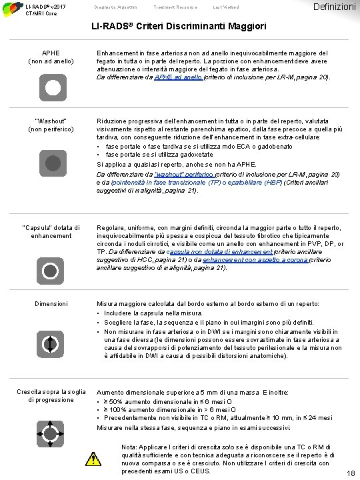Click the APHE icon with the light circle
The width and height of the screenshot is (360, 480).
click(x=51, y=88)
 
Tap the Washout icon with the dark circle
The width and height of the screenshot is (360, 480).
click(x=51, y=161)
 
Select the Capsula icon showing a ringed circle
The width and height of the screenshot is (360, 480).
click(x=51, y=271)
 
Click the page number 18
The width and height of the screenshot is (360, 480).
click(x=351, y=473)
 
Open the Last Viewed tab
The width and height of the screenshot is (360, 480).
click(x=213, y=7)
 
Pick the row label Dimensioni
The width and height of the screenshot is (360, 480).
click(x=51, y=304)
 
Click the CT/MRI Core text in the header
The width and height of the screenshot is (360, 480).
click(x=41, y=13)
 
